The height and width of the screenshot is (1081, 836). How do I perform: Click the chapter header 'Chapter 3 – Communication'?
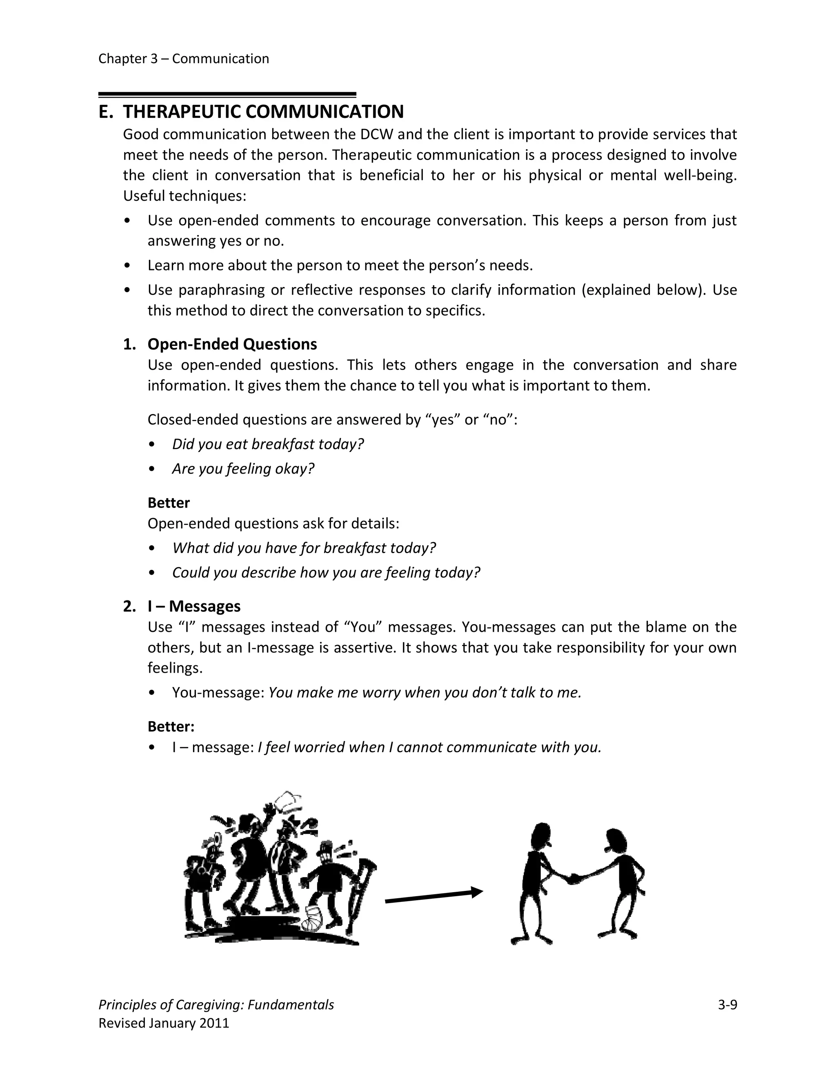click(x=183, y=59)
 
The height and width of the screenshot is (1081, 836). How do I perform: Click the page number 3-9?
click(x=727, y=1004)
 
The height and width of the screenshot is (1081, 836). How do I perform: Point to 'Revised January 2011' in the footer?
click(x=164, y=1023)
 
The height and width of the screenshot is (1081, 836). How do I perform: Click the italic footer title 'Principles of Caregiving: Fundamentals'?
click(x=216, y=1004)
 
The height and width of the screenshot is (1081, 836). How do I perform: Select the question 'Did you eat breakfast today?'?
click(x=267, y=444)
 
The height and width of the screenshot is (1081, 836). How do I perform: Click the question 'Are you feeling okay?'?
click(x=243, y=469)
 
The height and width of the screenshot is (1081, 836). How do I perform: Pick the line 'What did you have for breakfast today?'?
click(x=304, y=548)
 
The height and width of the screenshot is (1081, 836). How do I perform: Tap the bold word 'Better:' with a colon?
click(x=171, y=727)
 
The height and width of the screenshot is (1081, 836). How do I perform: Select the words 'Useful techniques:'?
click(x=184, y=196)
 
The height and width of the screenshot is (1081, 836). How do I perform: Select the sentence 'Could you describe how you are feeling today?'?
click(x=326, y=573)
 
